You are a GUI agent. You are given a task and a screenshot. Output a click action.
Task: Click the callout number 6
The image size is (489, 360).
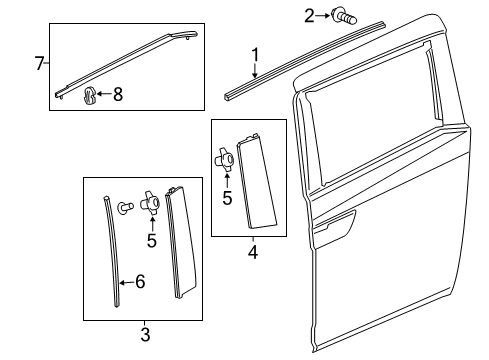[139, 283]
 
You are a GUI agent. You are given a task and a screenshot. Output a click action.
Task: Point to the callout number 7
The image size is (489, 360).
[40, 64]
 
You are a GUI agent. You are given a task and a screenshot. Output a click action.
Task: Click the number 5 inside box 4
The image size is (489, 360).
[226, 197]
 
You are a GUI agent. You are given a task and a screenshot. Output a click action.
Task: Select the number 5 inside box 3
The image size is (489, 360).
[151, 240]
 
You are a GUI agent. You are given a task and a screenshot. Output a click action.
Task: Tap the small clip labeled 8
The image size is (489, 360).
[89, 96]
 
